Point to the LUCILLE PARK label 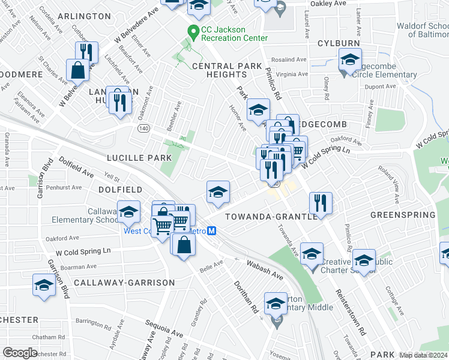(139, 158)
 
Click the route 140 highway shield (143, 128)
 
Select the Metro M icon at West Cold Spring (211, 231)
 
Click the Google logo (20, 353)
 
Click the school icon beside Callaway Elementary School (128, 212)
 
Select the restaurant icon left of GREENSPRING (322, 202)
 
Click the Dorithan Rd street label (246, 296)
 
